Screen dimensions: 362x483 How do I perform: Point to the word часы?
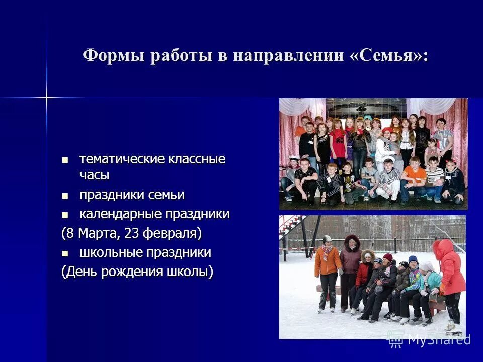point(94,175)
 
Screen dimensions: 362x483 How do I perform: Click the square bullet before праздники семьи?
point(64,195)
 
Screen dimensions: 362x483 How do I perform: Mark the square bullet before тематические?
point(64,160)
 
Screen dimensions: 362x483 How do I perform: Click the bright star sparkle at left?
point(46,97)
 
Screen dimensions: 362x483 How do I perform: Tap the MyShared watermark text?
point(438,340)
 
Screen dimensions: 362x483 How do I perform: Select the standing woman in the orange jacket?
point(328,271)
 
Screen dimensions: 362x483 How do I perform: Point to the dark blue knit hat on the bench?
point(413,259)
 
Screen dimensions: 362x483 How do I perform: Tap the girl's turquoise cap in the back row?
point(368,118)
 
